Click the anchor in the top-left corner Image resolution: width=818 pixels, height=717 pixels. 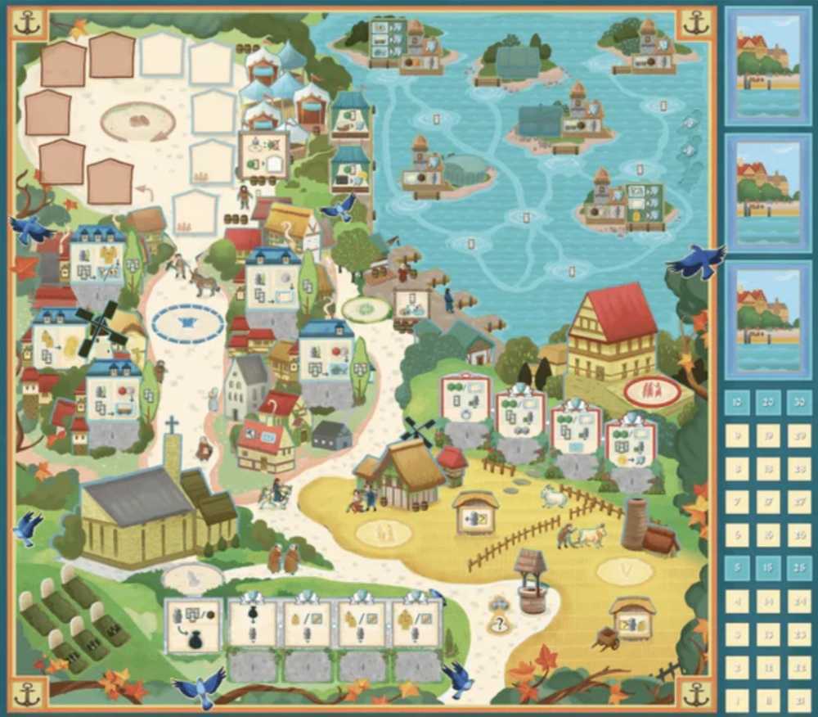click(x=29, y=23)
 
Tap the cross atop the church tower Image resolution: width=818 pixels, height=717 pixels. click(x=172, y=425)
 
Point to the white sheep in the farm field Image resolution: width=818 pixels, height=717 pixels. click(x=554, y=495)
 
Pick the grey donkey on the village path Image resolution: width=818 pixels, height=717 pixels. click(x=203, y=282)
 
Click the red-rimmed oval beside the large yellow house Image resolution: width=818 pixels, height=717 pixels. click(x=652, y=391)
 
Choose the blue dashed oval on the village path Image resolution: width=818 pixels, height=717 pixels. click(x=188, y=323)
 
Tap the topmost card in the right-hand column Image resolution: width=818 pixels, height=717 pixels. click(x=768, y=65)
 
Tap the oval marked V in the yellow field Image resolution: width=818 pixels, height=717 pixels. click(x=625, y=570)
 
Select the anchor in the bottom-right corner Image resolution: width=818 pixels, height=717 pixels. click(x=696, y=694)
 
